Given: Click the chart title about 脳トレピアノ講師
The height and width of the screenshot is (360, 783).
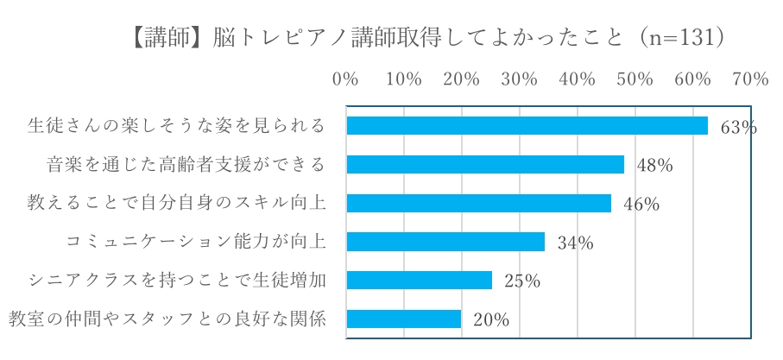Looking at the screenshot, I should [423, 38].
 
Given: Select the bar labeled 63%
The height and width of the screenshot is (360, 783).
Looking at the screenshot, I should [527, 126].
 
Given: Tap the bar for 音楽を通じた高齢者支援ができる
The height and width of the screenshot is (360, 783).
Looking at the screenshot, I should [484, 165].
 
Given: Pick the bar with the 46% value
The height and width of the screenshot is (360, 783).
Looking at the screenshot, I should [478, 204].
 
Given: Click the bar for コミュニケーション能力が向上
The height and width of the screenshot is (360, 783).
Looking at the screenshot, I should [445, 242].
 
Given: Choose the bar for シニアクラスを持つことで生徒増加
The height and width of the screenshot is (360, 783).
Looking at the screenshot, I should [419, 281].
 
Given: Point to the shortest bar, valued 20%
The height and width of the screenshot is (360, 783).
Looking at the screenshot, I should [403, 319].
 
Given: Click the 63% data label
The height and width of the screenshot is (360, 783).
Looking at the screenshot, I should [738, 128].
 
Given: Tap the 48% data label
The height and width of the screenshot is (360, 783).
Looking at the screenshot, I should [654, 166].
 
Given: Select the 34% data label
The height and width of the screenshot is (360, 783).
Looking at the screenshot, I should [575, 243].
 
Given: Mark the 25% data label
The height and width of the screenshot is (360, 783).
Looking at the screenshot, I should [521, 281].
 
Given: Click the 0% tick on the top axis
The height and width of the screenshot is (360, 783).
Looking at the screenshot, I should [345, 79].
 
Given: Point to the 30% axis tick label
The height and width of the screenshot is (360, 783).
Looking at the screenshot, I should [519, 79].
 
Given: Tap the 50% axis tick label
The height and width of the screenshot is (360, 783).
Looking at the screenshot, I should [635, 79].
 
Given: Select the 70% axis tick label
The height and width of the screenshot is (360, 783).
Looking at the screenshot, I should [749, 79].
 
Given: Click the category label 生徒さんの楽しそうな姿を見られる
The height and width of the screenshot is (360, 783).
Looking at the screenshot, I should [177, 126].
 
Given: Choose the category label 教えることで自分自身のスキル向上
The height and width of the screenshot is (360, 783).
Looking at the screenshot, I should [177, 204].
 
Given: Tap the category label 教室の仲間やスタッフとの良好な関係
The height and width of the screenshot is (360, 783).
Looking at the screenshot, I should [167, 319].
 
